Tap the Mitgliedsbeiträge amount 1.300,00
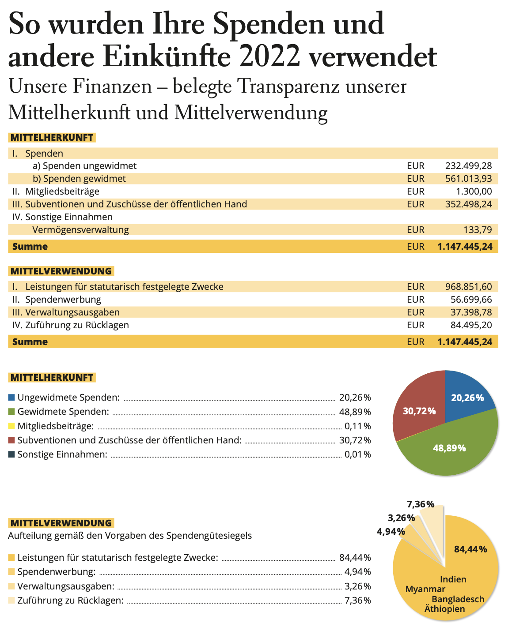[474, 191]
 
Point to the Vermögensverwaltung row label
[80, 230]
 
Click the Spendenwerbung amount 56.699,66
[471, 300]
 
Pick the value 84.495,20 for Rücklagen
[471, 325]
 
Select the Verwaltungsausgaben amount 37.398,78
[471, 312]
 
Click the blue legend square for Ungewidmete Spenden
[11, 398]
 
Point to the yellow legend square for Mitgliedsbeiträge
[11, 426]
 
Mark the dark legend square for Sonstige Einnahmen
[11, 454]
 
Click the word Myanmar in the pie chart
[425, 589]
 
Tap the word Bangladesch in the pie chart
[458, 599]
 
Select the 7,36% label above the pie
[421, 504]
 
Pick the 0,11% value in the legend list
[357, 426]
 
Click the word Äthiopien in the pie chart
[444, 609]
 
